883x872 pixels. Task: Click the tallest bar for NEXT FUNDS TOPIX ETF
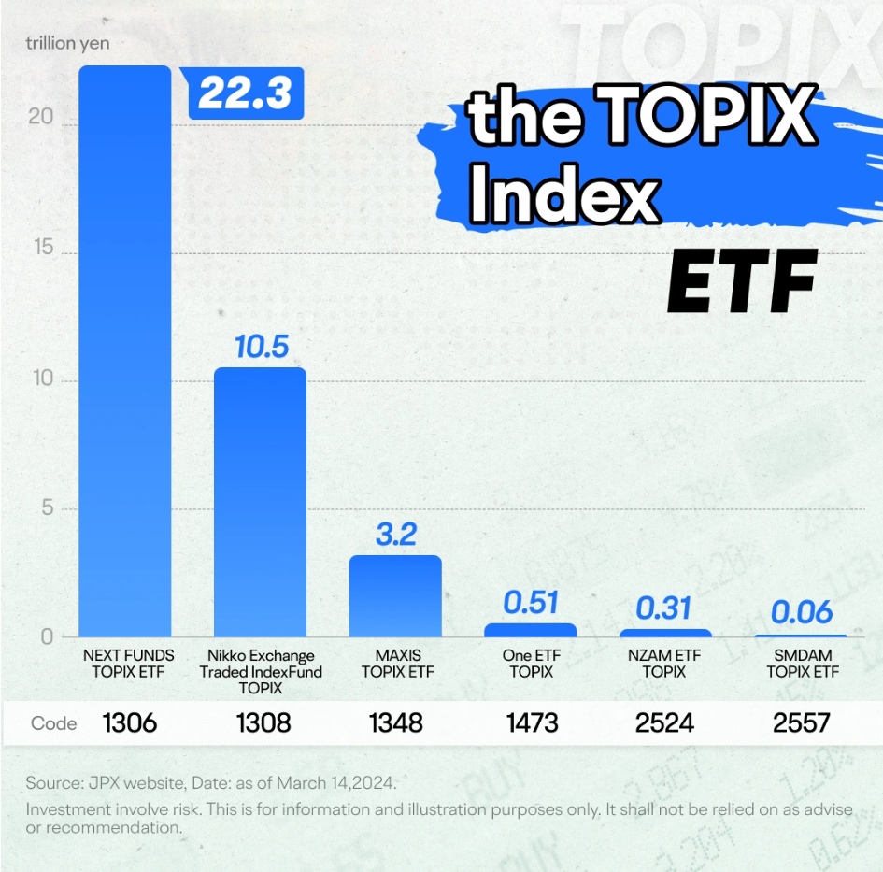coord(125,350)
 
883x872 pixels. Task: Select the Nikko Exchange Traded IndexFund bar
coord(260,502)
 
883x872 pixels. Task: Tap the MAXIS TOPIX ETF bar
coord(395,596)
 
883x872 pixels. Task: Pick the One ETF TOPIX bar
coord(531,630)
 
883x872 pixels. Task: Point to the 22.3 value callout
coord(246,93)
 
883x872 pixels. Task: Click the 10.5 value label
coord(262,346)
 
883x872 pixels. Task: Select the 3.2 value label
coord(396,534)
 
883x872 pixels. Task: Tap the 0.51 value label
coord(531,602)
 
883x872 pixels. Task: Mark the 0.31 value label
coord(663,608)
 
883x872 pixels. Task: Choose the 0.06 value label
coord(802,612)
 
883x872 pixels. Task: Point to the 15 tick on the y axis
coord(44,247)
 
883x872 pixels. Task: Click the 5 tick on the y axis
coord(48,507)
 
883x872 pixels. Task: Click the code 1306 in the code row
coord(130,722)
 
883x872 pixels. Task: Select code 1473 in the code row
coord(533,722)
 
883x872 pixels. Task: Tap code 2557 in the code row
coord(802,722)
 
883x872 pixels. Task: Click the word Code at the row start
coord(53,723)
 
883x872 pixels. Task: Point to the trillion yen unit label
coord(67,43)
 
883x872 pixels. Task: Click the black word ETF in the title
coord(742,281)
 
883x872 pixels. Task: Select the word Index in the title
coord(564,194)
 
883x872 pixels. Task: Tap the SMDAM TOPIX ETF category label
coord(803,664)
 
